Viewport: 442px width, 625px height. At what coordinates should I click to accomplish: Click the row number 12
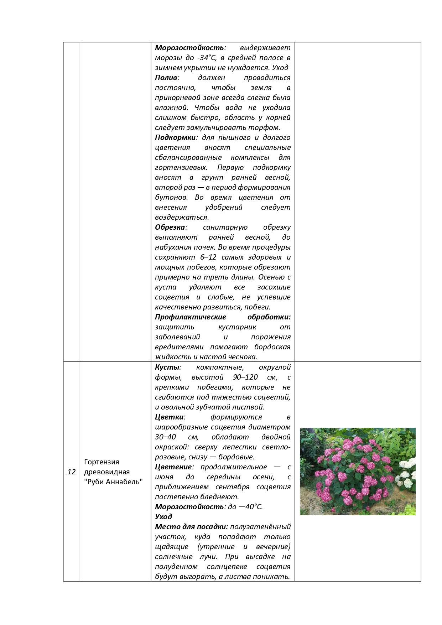pos(72,472)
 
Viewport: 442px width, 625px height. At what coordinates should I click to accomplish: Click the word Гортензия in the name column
pos(102,462)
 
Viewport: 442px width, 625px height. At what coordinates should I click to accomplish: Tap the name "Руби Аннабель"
pos(113,482)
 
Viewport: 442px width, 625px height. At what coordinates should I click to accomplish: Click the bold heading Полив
pos(166,78)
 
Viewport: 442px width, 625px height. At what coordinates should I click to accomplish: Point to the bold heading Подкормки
pos(175,137)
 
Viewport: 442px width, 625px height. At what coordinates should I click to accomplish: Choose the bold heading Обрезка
pos(170,227)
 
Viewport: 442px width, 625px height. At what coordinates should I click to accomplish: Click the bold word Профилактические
pos(191,317)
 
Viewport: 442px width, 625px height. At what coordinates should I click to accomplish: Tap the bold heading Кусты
pos(167,367)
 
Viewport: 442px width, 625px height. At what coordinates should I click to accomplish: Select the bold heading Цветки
pos(170,417)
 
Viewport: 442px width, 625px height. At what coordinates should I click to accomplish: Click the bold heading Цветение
pos(173,467)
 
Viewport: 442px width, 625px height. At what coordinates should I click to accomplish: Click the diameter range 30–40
pos(165,437)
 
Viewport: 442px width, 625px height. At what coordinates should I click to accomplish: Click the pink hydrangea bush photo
pos(351,470)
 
